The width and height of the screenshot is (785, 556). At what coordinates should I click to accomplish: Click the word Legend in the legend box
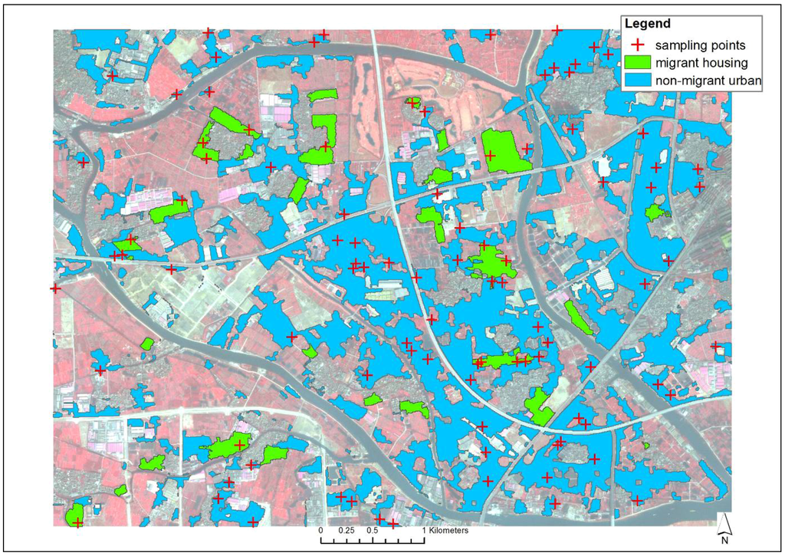click(648, 25)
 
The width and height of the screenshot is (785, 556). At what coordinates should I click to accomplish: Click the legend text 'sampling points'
click(696, 45)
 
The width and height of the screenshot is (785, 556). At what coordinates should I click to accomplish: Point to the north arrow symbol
click(724, 523)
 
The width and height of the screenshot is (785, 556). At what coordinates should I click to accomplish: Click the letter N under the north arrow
click(724, 539)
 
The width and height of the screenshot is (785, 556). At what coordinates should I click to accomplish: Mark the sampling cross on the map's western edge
click(55, 288)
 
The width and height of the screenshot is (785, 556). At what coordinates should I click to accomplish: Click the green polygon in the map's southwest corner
click(75, 515)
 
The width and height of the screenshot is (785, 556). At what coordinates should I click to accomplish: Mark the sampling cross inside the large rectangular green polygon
click(491, 156)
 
